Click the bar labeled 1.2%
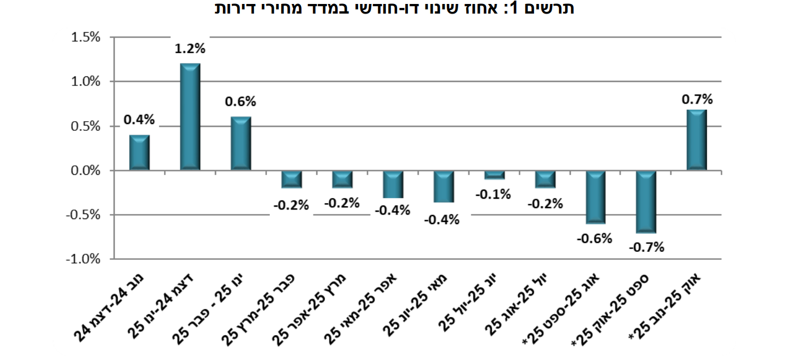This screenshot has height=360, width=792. (190, 117)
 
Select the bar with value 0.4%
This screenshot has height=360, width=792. (139, 153)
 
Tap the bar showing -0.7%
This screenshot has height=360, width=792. (645, 202)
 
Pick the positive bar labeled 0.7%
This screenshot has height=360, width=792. (696, 140)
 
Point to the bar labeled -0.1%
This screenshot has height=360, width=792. (494, 175)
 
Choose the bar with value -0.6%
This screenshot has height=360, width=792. (595, 197)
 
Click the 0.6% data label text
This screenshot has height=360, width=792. (240, 102)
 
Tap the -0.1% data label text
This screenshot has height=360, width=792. (493, 194)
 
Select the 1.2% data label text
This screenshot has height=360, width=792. (190, 49)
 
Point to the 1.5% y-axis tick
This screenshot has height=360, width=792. (87, 37)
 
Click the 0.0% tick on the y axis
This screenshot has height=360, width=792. (87, 170)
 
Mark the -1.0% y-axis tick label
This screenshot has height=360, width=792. (85, 259)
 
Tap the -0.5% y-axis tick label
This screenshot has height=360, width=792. (85, 215)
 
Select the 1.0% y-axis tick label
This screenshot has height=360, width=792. (87, 82)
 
